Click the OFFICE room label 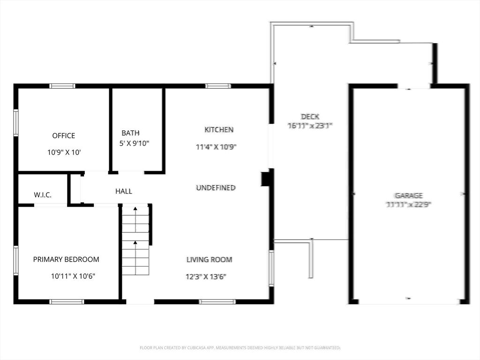(63, 136)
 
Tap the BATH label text (130, 133)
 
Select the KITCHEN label (218, 130)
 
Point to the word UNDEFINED (215, 188)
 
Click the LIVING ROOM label (209, 260)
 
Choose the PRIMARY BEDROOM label (66, 260)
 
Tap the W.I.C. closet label (43, 195)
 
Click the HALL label (124, 191)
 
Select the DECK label (310, 116)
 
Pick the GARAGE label (408, 195)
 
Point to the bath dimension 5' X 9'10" (135, 143)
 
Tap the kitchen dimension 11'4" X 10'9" (216, 147)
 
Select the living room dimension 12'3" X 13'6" (206, 277)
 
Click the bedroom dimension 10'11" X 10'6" (73, 277)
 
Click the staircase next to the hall (135, 240)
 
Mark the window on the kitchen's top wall (218, 86)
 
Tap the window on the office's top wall (62, 86)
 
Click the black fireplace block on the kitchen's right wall (265, 179)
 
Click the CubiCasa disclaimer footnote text (240, 348)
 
